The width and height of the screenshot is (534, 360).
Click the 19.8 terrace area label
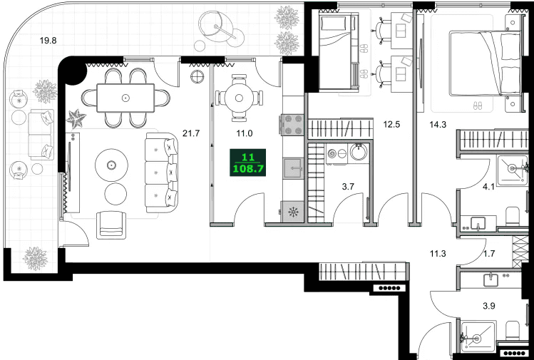pyautogui.click(x=48, y=41)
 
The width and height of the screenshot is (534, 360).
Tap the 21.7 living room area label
pyautogui.click(x=191, y=133)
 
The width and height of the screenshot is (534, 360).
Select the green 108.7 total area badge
pyautogui.click(x=248, y=163)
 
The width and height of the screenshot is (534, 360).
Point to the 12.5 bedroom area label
pyautogui.click(x=391, y=125)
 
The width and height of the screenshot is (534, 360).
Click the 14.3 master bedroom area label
pyautogui.click(x=438, y=125)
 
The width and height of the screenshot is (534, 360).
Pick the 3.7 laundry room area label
pyautogui.click(x=348, y=186)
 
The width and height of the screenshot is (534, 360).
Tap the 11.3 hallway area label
pyautogui.click(x=438, y=254)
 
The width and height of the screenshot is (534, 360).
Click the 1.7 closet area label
pyautogui.click(x=489, y=254)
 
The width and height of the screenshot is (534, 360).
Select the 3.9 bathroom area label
pyautogui.click(x=489, y=307)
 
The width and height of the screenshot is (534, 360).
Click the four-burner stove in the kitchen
pyautogui.click(x=292, y=124)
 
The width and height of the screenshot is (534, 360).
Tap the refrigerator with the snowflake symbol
pyautogui.click(x=292, y=212)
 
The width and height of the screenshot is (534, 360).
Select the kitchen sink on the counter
pyautogui.click(x=293, y=168)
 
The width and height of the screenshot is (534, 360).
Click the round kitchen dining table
pyautogui.click(x=239, y=98)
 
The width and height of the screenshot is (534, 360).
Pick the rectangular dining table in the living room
pyautogui.click(x=125, y=98)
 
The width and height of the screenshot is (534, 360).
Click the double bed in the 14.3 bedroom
pyautogui.click(x=485, y=63)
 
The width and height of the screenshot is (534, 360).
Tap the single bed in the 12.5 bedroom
pyautogui.click(x=338, y=50)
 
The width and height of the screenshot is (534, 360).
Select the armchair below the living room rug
pyautogui.click(x=111, y=225)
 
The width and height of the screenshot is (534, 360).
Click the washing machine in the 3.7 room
pyautogui.click(x=337, y=154)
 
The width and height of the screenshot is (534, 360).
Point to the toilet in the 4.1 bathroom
pyautogui.click(x=512, y=216)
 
